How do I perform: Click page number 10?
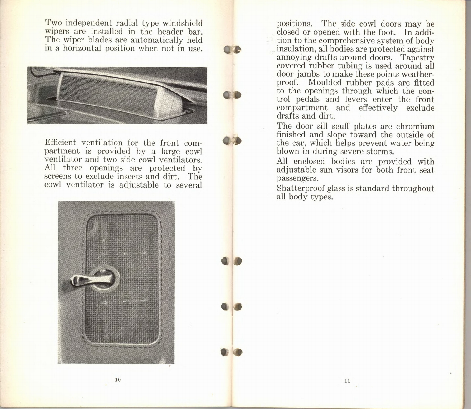coord(118,380)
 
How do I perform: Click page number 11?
coord(347,381)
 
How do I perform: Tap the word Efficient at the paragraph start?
coord(61,143)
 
